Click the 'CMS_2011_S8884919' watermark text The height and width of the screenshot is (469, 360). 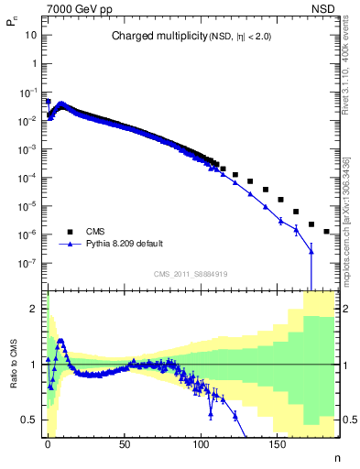[191, 273]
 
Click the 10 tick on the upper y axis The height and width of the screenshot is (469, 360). [31, 35]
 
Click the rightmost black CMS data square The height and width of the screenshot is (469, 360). [326, 232]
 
